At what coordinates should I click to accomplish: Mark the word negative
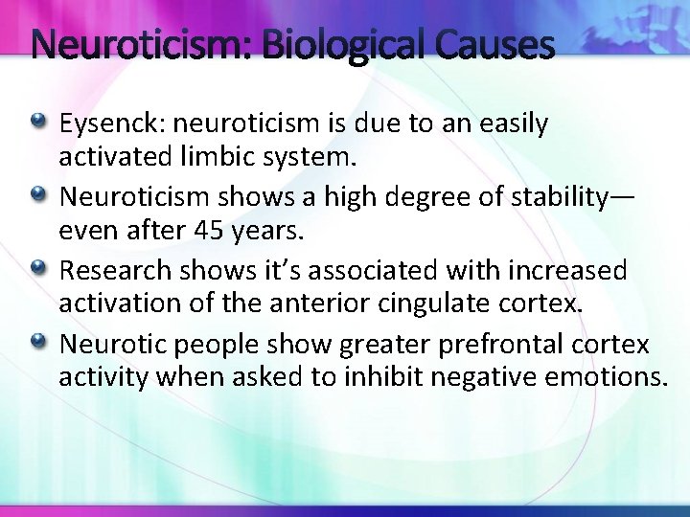tap(475, 376)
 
